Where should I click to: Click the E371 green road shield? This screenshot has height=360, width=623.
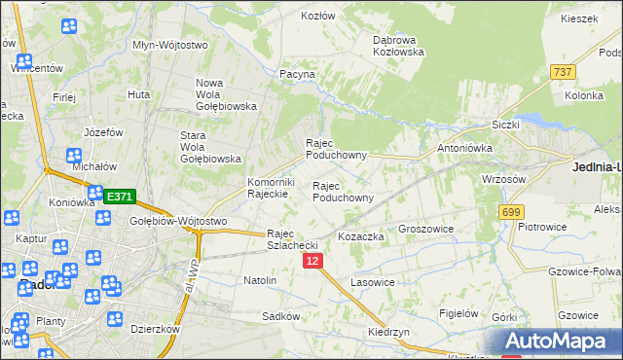(x=119, y=196)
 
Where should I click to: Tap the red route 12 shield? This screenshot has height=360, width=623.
(x=311, y=261)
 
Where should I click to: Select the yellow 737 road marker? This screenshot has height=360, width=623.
(x=562, y=72)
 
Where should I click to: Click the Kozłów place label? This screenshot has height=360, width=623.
(x=317, y=17)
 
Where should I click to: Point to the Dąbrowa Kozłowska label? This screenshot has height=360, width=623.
(x=399, y=46)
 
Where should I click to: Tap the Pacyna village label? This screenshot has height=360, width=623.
(x=297, y=73)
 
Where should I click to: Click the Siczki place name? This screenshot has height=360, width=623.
(x=506, y=125)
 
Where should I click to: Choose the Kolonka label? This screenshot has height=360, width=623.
(x=584, y=95)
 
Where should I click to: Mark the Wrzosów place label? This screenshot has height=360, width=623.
(x=504, y=179)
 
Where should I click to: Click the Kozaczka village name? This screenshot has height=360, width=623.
(x=361, y=236)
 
